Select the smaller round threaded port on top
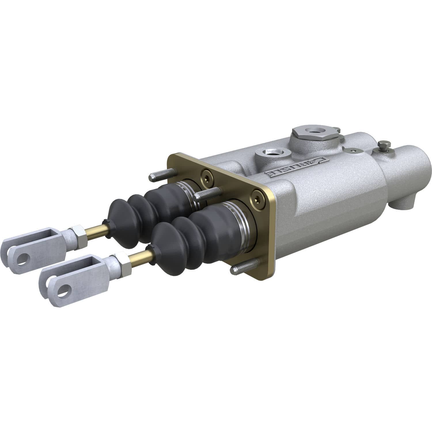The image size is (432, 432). click(270, 152)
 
